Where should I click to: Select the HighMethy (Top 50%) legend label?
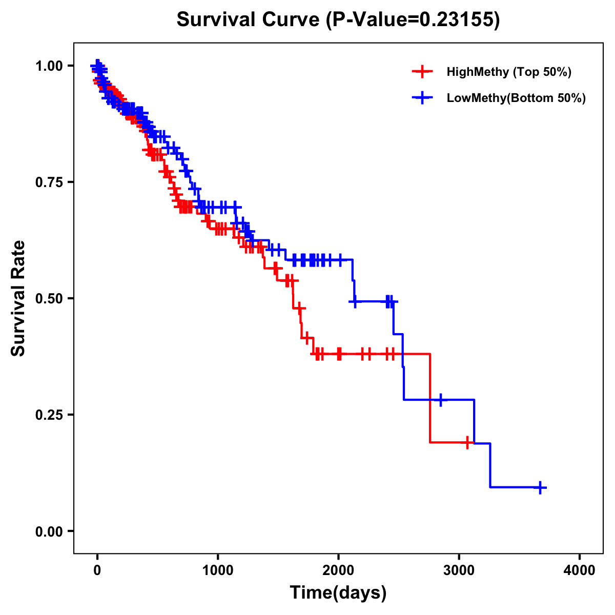[x=508, y=72]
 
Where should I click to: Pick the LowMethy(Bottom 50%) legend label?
[x=516, y=98]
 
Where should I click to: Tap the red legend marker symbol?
[x=422, y=72]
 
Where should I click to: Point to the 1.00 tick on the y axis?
[x=49, y=66]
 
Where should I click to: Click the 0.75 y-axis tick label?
[x=49, y=182]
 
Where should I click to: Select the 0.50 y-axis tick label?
[x=49, y=298]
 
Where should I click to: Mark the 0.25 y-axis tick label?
[x=49, y=415]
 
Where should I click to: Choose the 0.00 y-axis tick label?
[x=49, y=531]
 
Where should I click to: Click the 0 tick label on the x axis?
[x=97, y=570]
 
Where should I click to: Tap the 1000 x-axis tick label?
[x=218, y=570]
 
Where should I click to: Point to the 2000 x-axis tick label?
[x=338, y=570]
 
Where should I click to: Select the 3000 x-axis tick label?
[x=459, y=570]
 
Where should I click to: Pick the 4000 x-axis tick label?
[x=580, y=570]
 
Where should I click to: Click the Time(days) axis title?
[x=338, y=593]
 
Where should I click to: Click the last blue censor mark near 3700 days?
[x=540, y=487]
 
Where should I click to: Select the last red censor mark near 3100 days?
[x=467, y=442]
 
